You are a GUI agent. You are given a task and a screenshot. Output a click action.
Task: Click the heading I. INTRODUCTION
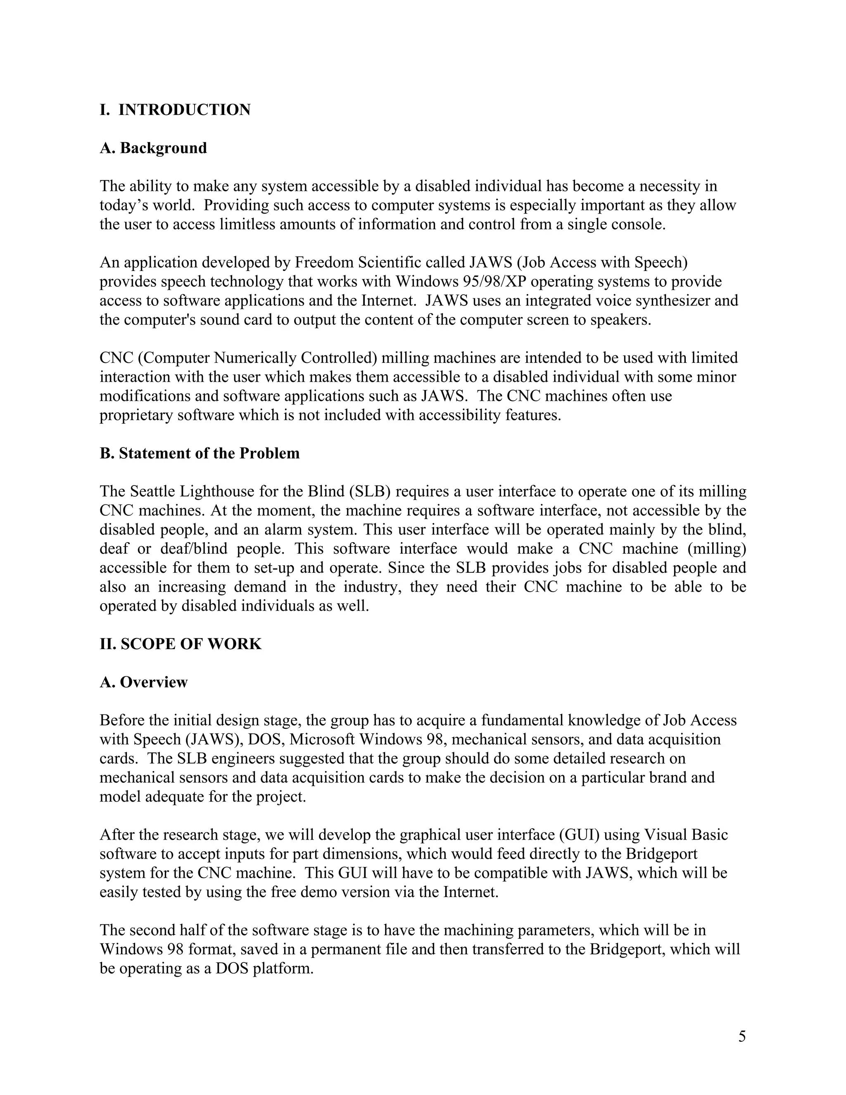coord(175,110)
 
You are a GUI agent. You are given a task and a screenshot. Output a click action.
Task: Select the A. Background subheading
coord(153,148)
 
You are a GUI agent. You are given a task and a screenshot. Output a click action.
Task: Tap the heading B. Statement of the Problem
coord(200,453)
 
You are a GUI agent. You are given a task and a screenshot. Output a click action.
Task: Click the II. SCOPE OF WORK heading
coord(181,644)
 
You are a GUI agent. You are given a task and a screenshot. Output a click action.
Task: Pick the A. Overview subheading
coord(143,682)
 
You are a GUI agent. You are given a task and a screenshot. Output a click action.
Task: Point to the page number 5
coord(742,1036)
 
